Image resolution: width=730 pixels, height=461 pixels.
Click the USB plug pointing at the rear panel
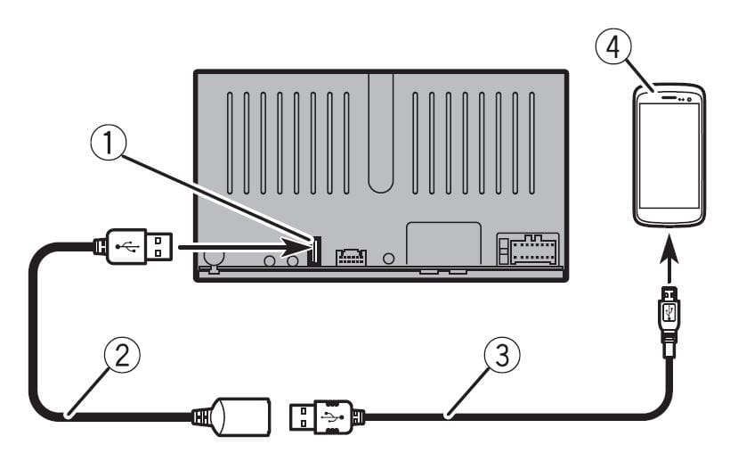click(x=134, y=246)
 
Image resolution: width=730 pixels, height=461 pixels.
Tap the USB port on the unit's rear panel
click(x=312, y=251)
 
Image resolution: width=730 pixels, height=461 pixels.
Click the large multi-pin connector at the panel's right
click(x=529, y=251)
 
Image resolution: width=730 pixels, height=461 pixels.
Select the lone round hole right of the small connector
click(x=387, y=259)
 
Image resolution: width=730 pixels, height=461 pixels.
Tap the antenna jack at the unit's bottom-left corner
click(x=213, y=260)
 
